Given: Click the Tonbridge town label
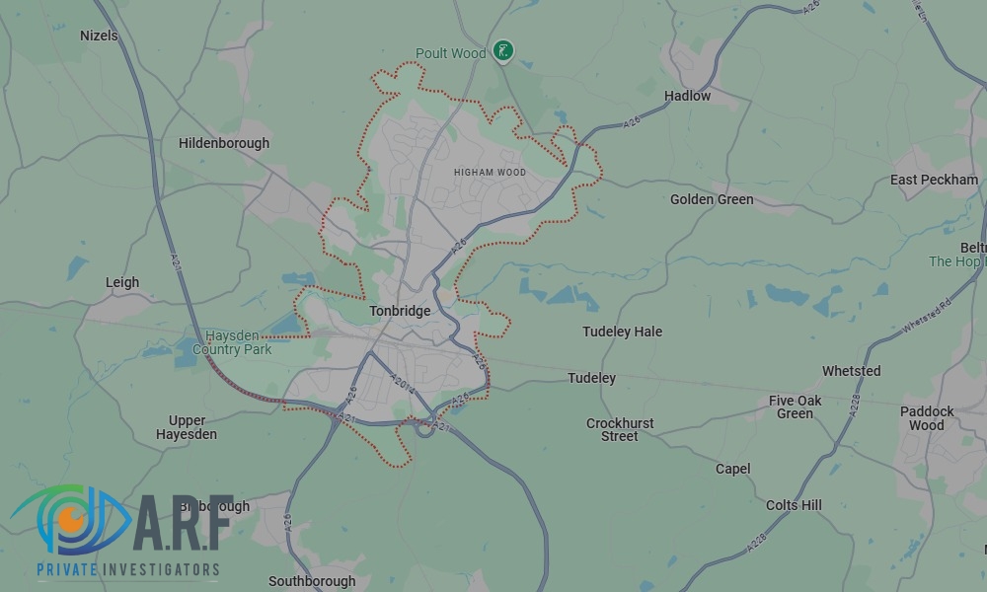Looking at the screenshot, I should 400,311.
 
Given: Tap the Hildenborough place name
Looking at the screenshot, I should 224,143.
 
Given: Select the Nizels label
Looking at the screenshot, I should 99,36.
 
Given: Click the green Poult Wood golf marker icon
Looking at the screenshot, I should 504,51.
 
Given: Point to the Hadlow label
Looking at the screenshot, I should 687,96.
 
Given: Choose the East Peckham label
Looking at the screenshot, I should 934,180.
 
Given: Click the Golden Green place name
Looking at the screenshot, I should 712,199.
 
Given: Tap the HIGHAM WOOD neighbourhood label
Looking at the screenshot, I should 490,173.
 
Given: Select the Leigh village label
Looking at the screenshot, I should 122,282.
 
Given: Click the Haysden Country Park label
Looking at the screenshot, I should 232,342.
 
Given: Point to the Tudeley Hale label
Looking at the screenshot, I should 622,332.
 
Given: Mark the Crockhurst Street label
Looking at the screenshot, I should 620,429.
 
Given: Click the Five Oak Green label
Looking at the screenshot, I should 795,407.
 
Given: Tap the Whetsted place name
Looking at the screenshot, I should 851,371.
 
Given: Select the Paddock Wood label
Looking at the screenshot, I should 927,418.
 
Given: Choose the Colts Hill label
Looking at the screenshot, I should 794,505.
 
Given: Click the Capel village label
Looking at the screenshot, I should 732,469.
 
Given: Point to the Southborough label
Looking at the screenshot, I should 312,581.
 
